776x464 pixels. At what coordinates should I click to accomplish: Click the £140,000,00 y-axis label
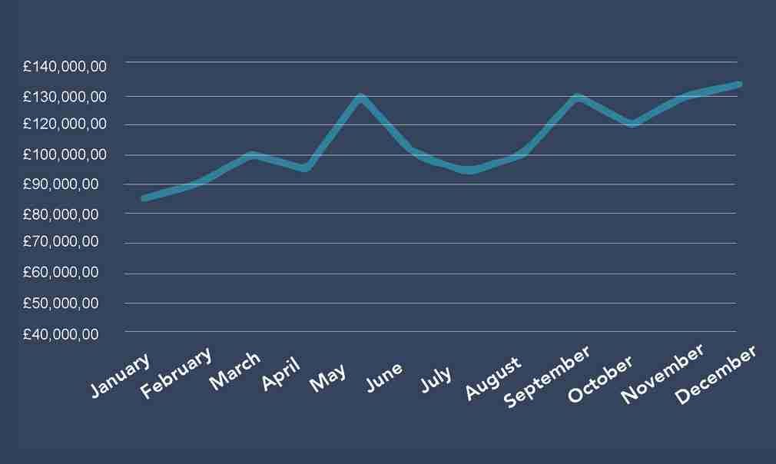pos(64,67)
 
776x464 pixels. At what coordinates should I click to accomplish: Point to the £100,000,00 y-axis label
pos(64,154)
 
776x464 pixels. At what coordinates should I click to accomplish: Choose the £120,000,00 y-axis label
pos(64,124)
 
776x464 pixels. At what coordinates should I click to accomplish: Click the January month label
pos(120,376)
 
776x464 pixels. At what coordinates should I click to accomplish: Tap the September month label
pos(547,375)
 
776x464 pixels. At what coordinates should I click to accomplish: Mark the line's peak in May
pos(360,97)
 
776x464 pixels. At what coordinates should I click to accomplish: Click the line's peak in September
pos(577,97)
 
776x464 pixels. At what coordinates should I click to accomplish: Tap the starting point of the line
pos(144,198)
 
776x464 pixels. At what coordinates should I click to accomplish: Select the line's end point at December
pos(738,84)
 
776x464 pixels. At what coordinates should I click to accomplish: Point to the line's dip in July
pos(469,171)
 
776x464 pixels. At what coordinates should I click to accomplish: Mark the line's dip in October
pos(632,124)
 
